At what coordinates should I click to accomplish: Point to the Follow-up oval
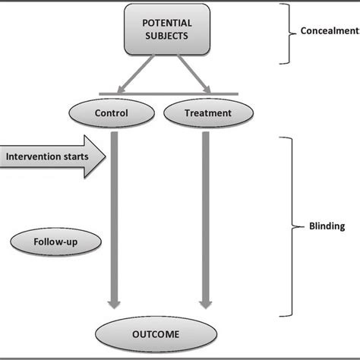click(x=49, y=242)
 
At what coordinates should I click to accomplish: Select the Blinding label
click(x=327, y=226)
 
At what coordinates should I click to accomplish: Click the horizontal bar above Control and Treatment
click(x=169, y=94)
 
